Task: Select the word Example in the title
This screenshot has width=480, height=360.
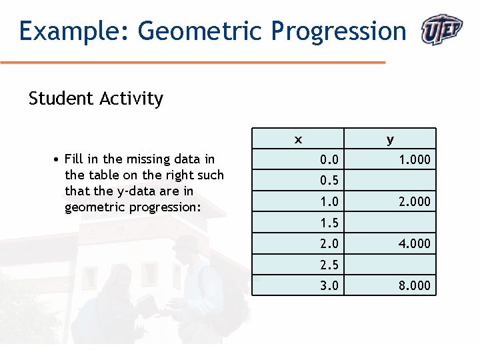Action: [x=66, y=31]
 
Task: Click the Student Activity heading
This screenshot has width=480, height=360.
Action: [x=96, y=99]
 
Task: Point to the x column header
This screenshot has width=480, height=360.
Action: [x=298, y=139]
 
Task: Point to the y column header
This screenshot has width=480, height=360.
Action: [x=390, y=139]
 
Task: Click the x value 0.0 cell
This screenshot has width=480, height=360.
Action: [x=329, y=159]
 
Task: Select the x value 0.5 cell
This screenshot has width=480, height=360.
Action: [x=329, y=181]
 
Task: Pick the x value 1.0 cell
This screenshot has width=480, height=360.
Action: [x=329, y=201]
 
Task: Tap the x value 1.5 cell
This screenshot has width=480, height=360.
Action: [x=329, y=223]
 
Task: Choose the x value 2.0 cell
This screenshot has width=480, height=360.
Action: [x=329, y=243]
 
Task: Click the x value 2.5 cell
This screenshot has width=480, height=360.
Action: [x=329, y=265]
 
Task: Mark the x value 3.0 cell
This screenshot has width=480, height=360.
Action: [x=329, y=286]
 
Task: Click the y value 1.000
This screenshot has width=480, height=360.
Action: [x=414, y=159]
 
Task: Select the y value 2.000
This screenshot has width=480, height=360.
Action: [x=414, y=201]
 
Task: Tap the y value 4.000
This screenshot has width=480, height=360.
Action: [x=414, y=243]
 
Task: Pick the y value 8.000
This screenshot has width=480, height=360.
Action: [x=414, y=286]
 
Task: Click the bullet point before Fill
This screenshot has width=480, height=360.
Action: [x=58, y=159]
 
